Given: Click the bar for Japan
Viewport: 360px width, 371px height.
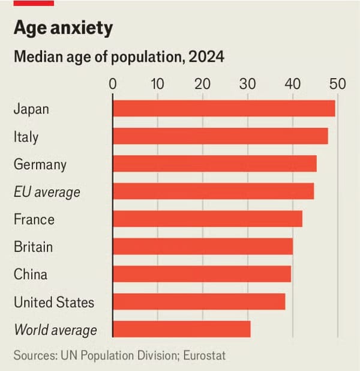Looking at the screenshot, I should pyautogui.click(x=224, y=109).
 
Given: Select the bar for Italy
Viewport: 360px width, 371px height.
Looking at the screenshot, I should pyautogui.click(x=220, y=136).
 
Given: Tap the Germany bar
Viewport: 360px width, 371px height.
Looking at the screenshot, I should pyautogui.click(x=214, y=164).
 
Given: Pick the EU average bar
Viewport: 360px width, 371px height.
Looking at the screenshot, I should pyautogui.click(x=213, y=192).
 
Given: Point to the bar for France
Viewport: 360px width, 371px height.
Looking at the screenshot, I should pyautogui.click(x=207, y=219).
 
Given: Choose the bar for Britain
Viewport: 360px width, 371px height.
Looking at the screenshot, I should pyautogui.click(x=203, y=247).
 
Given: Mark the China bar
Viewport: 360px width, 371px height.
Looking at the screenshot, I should pyautogui.click(x=202, y=274).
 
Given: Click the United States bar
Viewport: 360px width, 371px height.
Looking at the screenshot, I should pyautogui.click(x=199, y=301).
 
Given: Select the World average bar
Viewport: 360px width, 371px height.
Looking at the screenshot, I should pyautogui.click(x=181, y=329).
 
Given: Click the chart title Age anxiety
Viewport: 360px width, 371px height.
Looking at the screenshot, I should pyautogui.click(x=63, y=28).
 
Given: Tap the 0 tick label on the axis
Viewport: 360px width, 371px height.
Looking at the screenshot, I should pyautogui.click(x=113, y=83).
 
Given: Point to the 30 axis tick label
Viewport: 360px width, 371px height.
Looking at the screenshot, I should pyautogui.click(x=248, y=83).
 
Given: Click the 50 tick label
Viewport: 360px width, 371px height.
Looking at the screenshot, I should pyautogui.click(x=338, y=83).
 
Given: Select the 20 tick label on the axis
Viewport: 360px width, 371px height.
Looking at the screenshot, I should pyautogui.click(x=203, y=83).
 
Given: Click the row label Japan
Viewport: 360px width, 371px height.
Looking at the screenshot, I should pyautogui.click(x=31, y=109).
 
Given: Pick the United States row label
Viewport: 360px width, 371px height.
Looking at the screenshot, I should pyautogui.click(x=54, y=302).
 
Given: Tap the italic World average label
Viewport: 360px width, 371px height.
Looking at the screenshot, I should pyautogui.click(x=55, y=330).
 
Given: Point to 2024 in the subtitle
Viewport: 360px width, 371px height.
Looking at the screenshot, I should pyautogui.click(x=206, y=58).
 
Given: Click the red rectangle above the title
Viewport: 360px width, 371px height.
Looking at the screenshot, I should pyautogui.click(x=34, y=3).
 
